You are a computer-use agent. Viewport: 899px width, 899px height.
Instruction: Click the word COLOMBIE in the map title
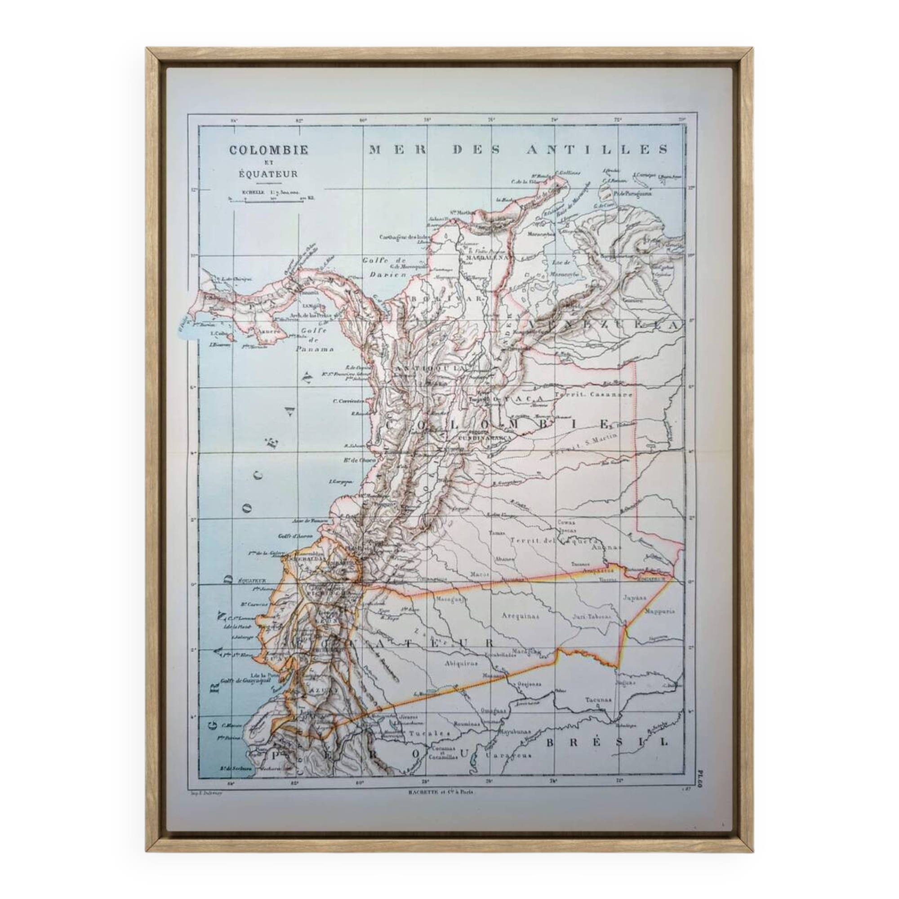tap(268, 149)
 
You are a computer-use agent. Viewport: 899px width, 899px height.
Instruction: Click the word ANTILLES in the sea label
tap(597, 149)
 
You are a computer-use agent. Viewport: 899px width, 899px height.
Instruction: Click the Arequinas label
tap(521, 616)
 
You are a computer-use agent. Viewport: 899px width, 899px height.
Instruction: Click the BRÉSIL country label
tap(607, 742)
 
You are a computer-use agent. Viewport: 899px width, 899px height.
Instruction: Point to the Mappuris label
tap(659, 611)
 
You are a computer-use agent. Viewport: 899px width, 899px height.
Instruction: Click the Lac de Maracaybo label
tap(565, 268)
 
